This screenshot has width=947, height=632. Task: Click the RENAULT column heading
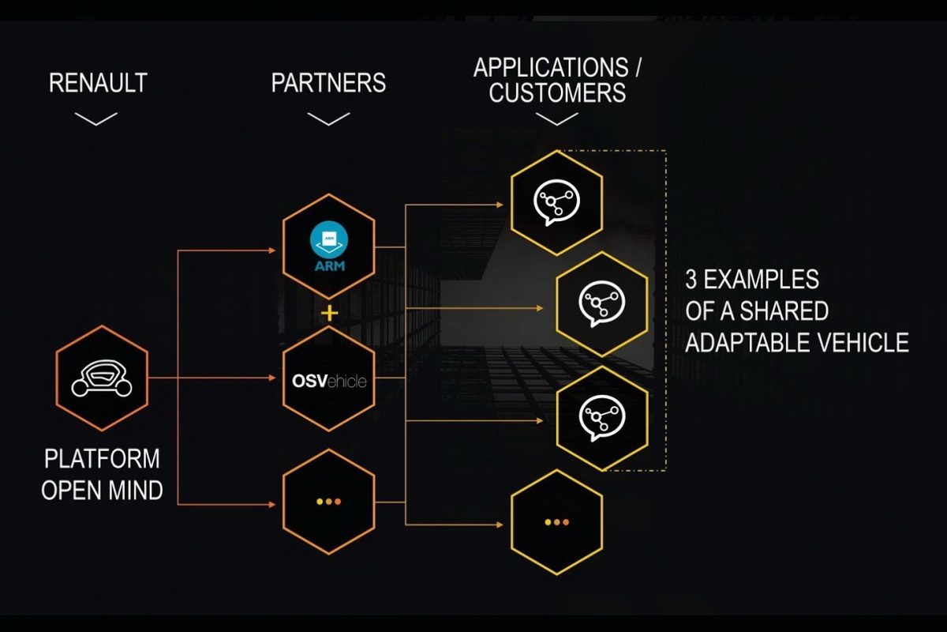[98, 82]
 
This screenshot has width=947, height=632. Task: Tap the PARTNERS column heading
[328, 82]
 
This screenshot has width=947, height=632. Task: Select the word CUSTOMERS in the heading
[557, 93]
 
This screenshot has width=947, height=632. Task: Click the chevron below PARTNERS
[328, 118]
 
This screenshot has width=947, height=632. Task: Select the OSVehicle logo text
[328, 382]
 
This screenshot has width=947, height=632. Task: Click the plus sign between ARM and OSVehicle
[329, 313]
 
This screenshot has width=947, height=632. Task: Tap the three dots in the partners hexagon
[328, 502]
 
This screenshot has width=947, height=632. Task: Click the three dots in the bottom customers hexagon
[557, 521]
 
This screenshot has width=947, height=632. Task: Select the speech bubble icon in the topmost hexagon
[556, 202]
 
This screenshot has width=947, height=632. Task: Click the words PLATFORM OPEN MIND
[102, 474]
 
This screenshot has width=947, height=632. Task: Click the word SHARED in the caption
[786, 310]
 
